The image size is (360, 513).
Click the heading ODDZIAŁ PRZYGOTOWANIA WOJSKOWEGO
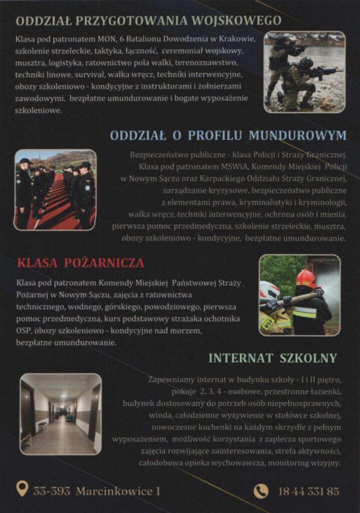pyautogui.click(x=148, y=21)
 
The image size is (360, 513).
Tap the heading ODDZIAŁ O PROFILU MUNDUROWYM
pyautogui.click(x=228, y=135)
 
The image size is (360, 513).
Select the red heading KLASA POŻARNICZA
pyautogui.click(x=80, y=263)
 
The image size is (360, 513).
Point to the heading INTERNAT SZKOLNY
pyautogui.click(x=272, y=358)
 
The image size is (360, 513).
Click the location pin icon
pyautogui.click(x=22, y=488)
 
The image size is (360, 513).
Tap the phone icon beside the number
pyautogui.click(x=261, y=490)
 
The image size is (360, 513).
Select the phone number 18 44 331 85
pyautogui.click(x=308, y=491)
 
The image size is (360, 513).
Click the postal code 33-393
pyautogui.click(x=52, y=491)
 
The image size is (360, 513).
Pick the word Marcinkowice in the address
pyautogui.click(x=114, y=491)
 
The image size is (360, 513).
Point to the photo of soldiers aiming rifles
pyautogui.click(x=304, y=72)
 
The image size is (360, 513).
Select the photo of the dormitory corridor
pyautogui.click(x=61, y=414)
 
